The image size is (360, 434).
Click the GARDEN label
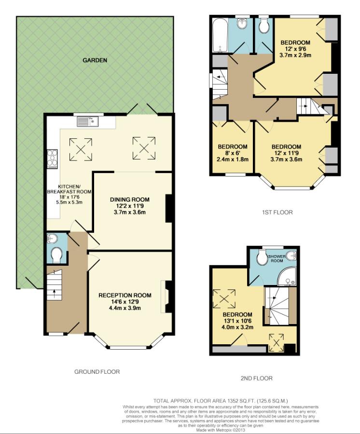click(x=95, y=60)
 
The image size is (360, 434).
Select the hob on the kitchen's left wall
click(x=52, y=159)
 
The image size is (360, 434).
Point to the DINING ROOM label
click(x=129, y=200)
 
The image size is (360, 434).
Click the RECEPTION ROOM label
click(x=125, y=295)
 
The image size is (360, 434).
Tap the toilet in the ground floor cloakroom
click(x=56, y=255)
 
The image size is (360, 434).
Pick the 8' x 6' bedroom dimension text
click(x=233, y=153)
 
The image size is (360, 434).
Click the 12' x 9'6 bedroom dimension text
click(x=295, y=49)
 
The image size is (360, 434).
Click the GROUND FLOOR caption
click(x=97, y=372)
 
